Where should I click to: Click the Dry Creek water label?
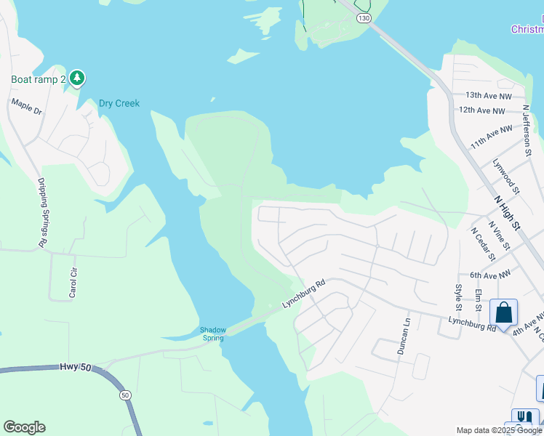pyautogui.click(x=119, y=104)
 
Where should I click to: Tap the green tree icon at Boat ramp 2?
pyautogui.click(x=77, y=78)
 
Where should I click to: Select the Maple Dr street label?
pyautogui.click(x=27, y=107)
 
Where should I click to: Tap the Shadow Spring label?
pyautogui.click(x=213, y=334)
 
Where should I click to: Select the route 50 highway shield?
pyautogui.click(x=125, y=395)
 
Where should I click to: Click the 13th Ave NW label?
pyautogui.click(x=489, y=95)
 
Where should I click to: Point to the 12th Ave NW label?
pyautogui.click(x=481, y=110)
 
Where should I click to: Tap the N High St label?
pyautogui.click(x=508, y=211)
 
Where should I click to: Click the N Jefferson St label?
pyautogui.click(x=529, y=130)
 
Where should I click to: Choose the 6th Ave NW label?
pyautogui.click(x=492, y=275)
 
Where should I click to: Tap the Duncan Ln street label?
pyautogui.click(x=404, y=336)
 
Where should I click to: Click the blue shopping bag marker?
pyautogui.click(x=503, y=313)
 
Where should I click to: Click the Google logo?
pyautogui.click(x=24, y=427)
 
